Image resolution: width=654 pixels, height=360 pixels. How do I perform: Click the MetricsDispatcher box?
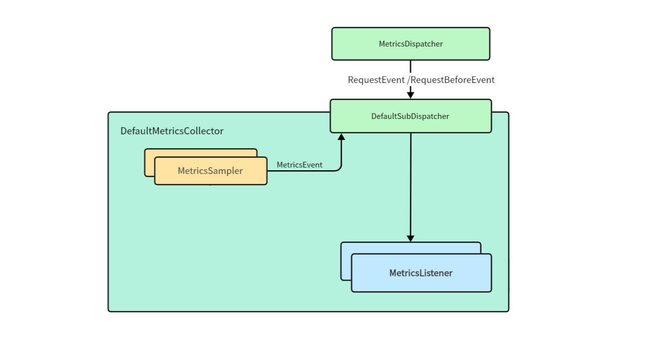(410, 44)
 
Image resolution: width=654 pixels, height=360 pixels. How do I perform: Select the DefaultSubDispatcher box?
(410, 116)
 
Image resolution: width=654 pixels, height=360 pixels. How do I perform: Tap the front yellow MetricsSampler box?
(210, 171)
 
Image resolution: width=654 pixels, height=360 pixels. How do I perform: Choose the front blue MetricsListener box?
(421, 273)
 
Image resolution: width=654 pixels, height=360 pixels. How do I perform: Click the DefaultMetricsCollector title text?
(172, 131)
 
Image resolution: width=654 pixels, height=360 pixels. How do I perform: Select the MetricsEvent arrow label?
(300, 165)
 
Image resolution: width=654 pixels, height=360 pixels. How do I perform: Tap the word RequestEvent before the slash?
(376, 80)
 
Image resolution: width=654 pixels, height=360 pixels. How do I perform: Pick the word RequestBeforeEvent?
(453, 80)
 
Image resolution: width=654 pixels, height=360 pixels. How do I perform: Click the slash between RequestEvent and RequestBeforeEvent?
(408, 80)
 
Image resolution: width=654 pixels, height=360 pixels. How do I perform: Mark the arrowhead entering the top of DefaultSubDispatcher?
(410, 95)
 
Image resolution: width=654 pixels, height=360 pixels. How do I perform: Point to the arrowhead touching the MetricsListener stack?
(410, 238)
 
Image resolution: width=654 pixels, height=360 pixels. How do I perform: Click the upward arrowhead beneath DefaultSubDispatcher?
(341, 137)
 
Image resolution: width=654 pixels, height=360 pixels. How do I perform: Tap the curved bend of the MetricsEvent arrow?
(339, 169)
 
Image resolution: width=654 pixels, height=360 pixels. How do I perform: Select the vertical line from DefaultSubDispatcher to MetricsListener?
(410, 185)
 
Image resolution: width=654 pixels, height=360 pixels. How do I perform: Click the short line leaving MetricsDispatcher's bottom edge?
(410, 66)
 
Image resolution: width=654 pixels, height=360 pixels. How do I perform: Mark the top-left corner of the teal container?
(109, 113)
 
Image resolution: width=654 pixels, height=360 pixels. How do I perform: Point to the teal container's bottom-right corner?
(507, 310)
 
